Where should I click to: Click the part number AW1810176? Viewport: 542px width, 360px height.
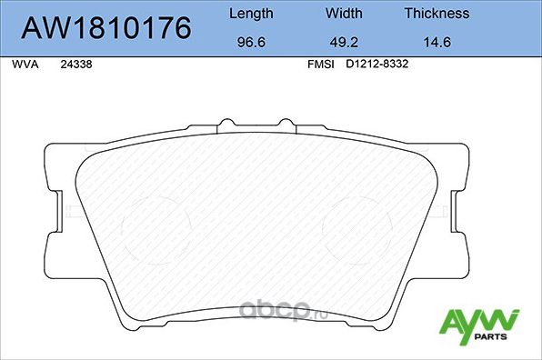(x=106, y=29)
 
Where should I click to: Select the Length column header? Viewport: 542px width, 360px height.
(x=250, y=14)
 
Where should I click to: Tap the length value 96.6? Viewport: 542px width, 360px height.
(x=250, y=41)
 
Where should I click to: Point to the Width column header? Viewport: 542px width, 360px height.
(x=344, y=14)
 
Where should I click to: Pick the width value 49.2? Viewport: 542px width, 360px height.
(x=344, y=41)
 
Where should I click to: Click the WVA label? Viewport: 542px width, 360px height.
(x=23, y=65)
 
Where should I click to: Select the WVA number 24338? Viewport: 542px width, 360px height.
(x=75, y=65)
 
